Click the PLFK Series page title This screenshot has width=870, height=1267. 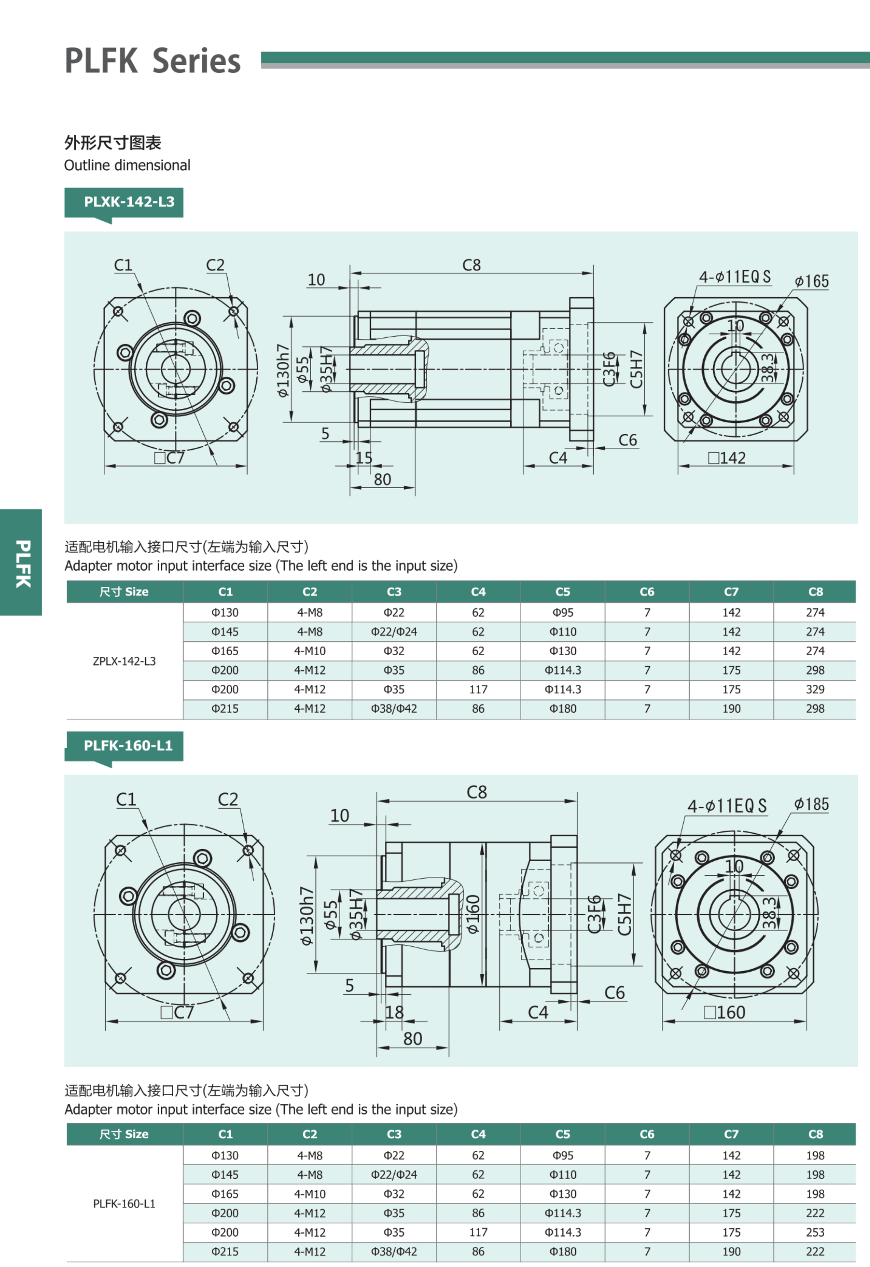(153, 61)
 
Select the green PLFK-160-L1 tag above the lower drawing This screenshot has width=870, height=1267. (128, 745)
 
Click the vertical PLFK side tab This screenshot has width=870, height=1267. (22, 563)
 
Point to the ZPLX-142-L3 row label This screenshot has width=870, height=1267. (124, 661)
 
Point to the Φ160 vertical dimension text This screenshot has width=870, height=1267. (473, 914)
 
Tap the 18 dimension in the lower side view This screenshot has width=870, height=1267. (394, 1012)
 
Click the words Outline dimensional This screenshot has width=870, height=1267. (127, 165)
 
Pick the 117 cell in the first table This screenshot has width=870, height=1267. (478, 689)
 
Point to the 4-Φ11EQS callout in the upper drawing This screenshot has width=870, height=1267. (734, 277)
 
